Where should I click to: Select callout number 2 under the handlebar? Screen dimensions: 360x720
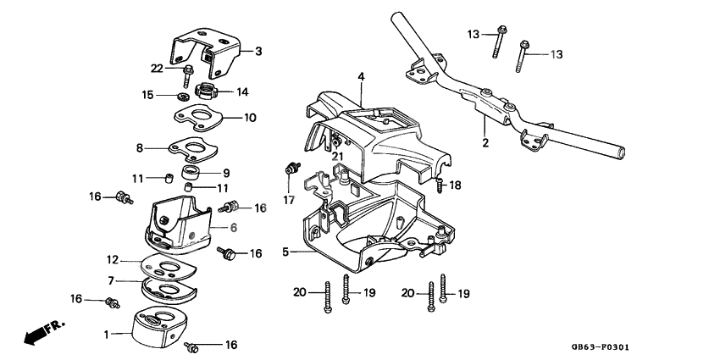tap(485, 143)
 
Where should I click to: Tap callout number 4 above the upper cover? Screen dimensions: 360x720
tap(360, 77)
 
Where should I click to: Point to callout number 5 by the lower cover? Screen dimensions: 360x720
tap(285, 251)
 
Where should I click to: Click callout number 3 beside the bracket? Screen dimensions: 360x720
tap(258, 52)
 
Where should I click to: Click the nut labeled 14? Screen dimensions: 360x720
tap(206, 91)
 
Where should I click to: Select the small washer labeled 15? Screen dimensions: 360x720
tap(184, 95)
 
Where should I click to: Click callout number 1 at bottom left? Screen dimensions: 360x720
tap(107, 335)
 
